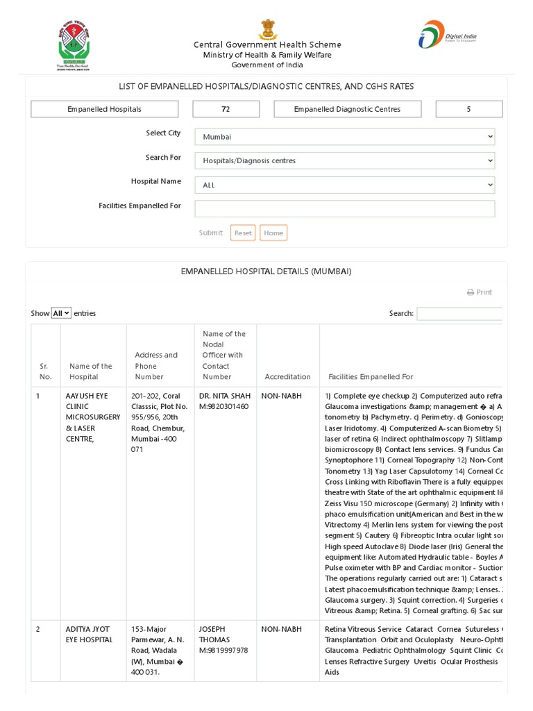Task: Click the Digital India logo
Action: pos(447,35)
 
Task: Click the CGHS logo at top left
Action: pos(73,45)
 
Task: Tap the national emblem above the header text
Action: pos(267,29)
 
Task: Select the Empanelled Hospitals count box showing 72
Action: pos(226,109)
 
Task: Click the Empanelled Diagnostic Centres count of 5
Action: pos(468,109)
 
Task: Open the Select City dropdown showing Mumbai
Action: pos(344,137)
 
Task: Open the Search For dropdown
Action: pos(344,160)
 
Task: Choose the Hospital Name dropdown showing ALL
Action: pos(344,185)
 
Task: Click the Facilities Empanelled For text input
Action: pos(344,208)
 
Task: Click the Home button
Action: pos(273,233)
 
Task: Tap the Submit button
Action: pos(210,233)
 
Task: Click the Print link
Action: pos(480,292)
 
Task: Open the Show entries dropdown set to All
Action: pos(61,313)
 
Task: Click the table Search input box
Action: pos(459,313)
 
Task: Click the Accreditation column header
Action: pos(287,376)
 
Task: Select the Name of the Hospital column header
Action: pos(90,371)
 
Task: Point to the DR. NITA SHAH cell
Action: pos(223,401)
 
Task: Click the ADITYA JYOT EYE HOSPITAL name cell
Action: pos(89,634)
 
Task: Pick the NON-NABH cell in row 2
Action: pos(281,629)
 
